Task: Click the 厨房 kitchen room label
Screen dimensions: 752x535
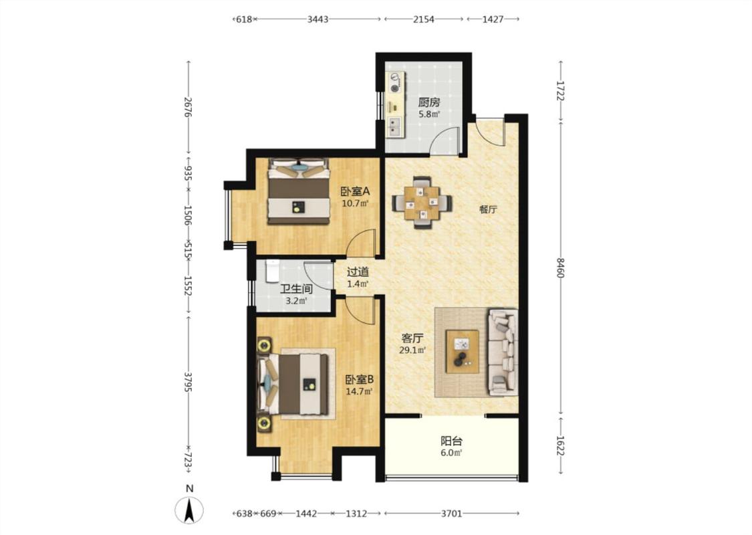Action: pyautogui.click(x=428, y=102)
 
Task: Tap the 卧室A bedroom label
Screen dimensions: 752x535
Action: pyautogui.click(x=355, y=191)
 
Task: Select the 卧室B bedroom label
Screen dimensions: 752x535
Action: pyautogui.click(x=359, y=380)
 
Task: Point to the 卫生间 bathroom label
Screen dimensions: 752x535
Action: pyautogui.click(x=296, y=289)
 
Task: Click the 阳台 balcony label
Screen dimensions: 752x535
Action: pyautogui.click(x=451, y=441)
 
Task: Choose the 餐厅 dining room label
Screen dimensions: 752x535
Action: pyautogui.click(x=488, y=210)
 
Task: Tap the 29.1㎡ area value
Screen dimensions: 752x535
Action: pyautogui.click(x=412, y=350)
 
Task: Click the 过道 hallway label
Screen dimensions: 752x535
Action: pyautogui.click(x=358, y=272)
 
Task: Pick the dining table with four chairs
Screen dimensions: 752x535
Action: pyautogui.click(x=422, y=203)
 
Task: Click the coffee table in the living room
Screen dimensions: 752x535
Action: pyautogui.click(x=463, y=351)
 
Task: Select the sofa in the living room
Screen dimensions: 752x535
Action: pyautogui.click(x=503, y=352)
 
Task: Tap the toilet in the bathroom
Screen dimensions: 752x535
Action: pyautogui.click(x=272, y=271)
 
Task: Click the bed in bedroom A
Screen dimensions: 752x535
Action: pyautogui.click(x=299, y=191)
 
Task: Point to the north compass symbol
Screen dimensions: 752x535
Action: pyautogui.click(x=189, y=509)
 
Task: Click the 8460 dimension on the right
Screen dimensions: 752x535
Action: pyautogui.click(x=560, y=267)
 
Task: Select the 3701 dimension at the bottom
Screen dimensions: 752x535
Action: pyautogui.click(x=451, y=514)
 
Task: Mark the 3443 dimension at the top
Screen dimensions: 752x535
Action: pyautogui.click(x=318, y=19)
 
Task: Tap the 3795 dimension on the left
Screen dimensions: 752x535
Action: pyautogui.click(x=189, y=382)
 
